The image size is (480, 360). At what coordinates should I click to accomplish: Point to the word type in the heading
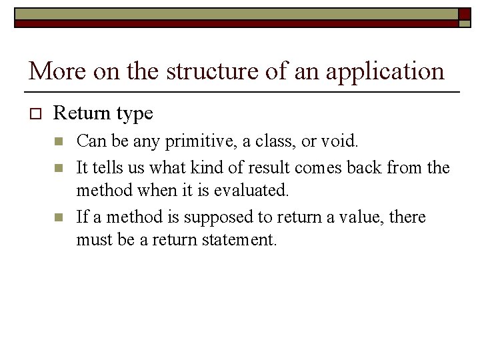133,115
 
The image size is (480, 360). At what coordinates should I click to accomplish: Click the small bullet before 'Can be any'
59,141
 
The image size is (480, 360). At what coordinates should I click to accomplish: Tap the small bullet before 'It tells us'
59,167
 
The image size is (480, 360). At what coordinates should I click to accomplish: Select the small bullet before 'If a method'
59,217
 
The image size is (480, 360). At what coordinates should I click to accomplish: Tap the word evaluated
252,191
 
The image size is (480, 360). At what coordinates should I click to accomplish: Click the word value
357,217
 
